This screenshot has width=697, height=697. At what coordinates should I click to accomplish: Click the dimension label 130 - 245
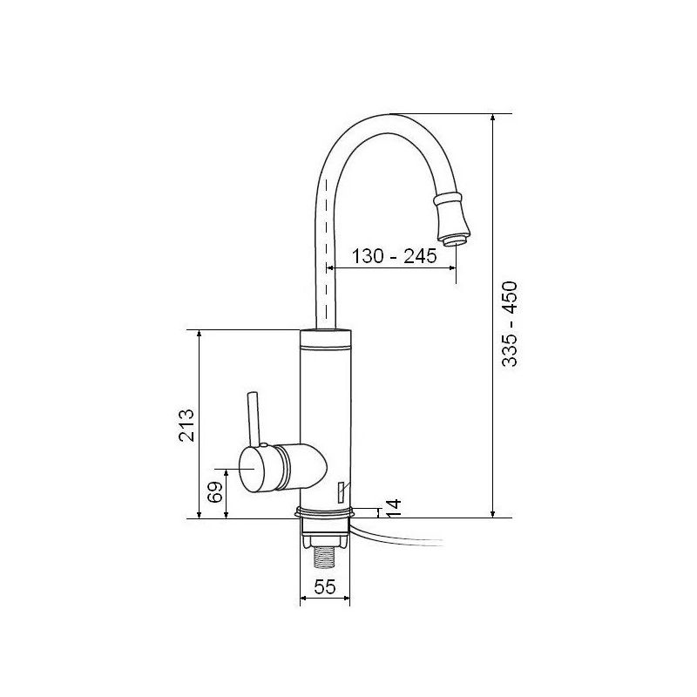coord(390,256)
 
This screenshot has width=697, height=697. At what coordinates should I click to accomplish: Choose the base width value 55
coord(325,587)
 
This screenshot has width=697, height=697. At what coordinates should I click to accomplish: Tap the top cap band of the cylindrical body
coord(325,340)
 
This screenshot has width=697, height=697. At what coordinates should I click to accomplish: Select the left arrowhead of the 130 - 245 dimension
coord(332,269)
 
